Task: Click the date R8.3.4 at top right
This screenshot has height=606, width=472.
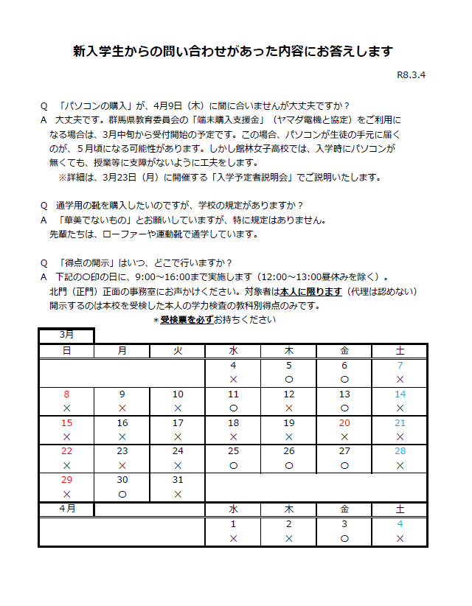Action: (412, 74)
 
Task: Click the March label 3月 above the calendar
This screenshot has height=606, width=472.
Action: (66, 335)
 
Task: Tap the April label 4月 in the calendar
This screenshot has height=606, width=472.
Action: (66, 509)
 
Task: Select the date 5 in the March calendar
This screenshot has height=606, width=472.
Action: (289, 365)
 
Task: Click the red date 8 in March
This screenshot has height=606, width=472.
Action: (66, 394)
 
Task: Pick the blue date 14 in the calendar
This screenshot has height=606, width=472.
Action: (400, 394)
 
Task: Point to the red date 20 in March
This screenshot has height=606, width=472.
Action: (344, 423)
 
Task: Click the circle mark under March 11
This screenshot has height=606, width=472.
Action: (233, 407)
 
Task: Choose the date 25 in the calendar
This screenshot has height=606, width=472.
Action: (233, 451)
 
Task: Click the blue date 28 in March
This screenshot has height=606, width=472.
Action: (400, 451)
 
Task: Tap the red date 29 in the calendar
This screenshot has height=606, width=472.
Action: (66, 480)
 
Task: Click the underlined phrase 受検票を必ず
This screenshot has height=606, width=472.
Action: (187, 320)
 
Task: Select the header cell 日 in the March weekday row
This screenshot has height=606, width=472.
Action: (66, 350)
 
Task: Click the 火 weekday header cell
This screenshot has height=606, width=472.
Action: (178, 350)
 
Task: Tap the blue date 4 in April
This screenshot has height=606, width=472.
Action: (400, 524)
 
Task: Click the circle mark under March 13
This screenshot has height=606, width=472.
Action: (344, 407)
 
